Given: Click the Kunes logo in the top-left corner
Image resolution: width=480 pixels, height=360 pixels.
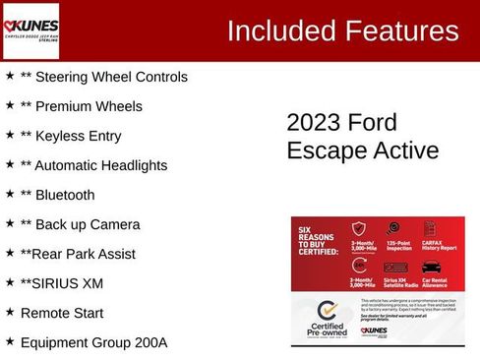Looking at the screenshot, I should click(x=31, y=30).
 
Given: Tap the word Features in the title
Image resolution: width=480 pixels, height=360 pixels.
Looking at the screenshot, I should click(x=403, y=31).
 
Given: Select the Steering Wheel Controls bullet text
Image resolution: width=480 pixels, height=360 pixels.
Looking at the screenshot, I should click(x=103, y=77).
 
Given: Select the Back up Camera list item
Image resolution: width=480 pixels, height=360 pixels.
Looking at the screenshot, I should click(x=80, y=224).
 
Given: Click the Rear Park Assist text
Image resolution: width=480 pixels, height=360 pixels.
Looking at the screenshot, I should click(x=78, y=254).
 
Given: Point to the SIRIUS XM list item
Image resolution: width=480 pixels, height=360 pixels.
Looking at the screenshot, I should click(x=61, y=283).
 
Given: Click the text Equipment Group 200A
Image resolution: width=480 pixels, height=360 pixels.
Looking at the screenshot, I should click(x=93, y=342).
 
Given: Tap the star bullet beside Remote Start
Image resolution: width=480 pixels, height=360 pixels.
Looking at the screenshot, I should click(x=10, y=312).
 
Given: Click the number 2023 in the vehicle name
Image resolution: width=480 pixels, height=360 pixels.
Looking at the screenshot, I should click(x=312, y=123).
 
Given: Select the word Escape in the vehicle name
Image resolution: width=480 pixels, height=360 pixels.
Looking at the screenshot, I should click(x=322, y=150).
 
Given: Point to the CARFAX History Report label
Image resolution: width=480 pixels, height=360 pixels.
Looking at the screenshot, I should click(x=440, y=245).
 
